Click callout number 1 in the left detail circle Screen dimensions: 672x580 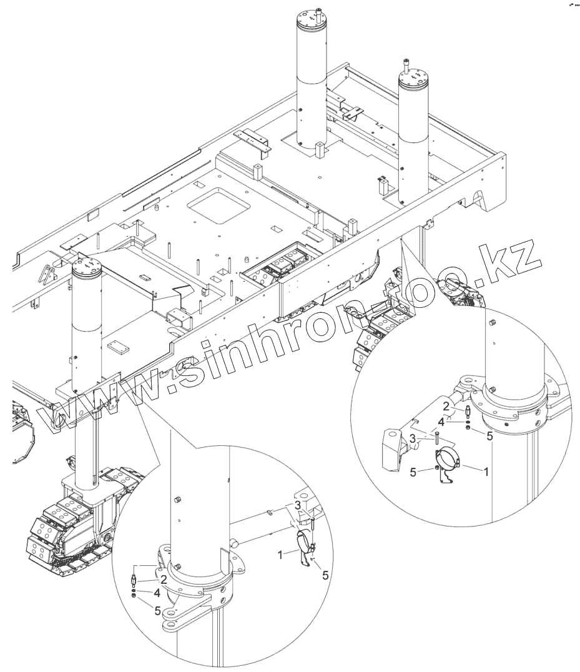pos(282,553)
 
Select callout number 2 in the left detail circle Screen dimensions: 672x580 pos(163,579)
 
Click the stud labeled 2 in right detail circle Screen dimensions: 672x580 pos(468,412)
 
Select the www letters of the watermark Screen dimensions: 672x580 pos(100,406)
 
